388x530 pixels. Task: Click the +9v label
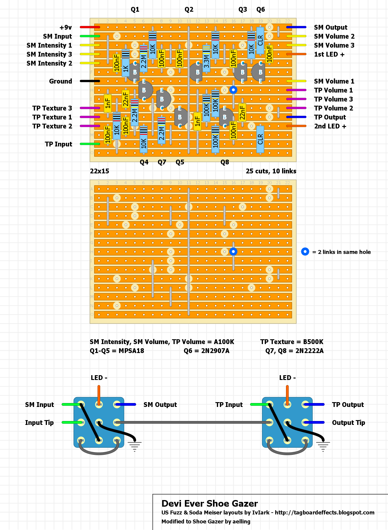(66, 28)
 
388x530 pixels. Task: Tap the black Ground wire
(90, 81)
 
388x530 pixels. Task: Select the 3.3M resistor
(206, 59)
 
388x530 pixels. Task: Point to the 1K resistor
(126, 66)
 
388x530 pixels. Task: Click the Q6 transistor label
(261, 10)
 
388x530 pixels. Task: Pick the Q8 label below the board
(225, 162)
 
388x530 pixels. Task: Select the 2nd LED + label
(330, 126)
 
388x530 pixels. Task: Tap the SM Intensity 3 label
(49, 54)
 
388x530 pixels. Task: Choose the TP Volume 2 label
(334, 108)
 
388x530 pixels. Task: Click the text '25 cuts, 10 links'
(271, 171)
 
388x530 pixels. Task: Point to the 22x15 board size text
(99, 171)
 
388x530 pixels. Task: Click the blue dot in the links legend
(305, 252)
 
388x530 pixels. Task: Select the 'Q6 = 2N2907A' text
(206, 351)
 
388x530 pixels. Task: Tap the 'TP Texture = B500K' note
(292, 342)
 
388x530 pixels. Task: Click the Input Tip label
(39, 423)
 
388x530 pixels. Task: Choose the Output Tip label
(348, 423)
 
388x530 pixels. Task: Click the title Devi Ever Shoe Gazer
(209, 504)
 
